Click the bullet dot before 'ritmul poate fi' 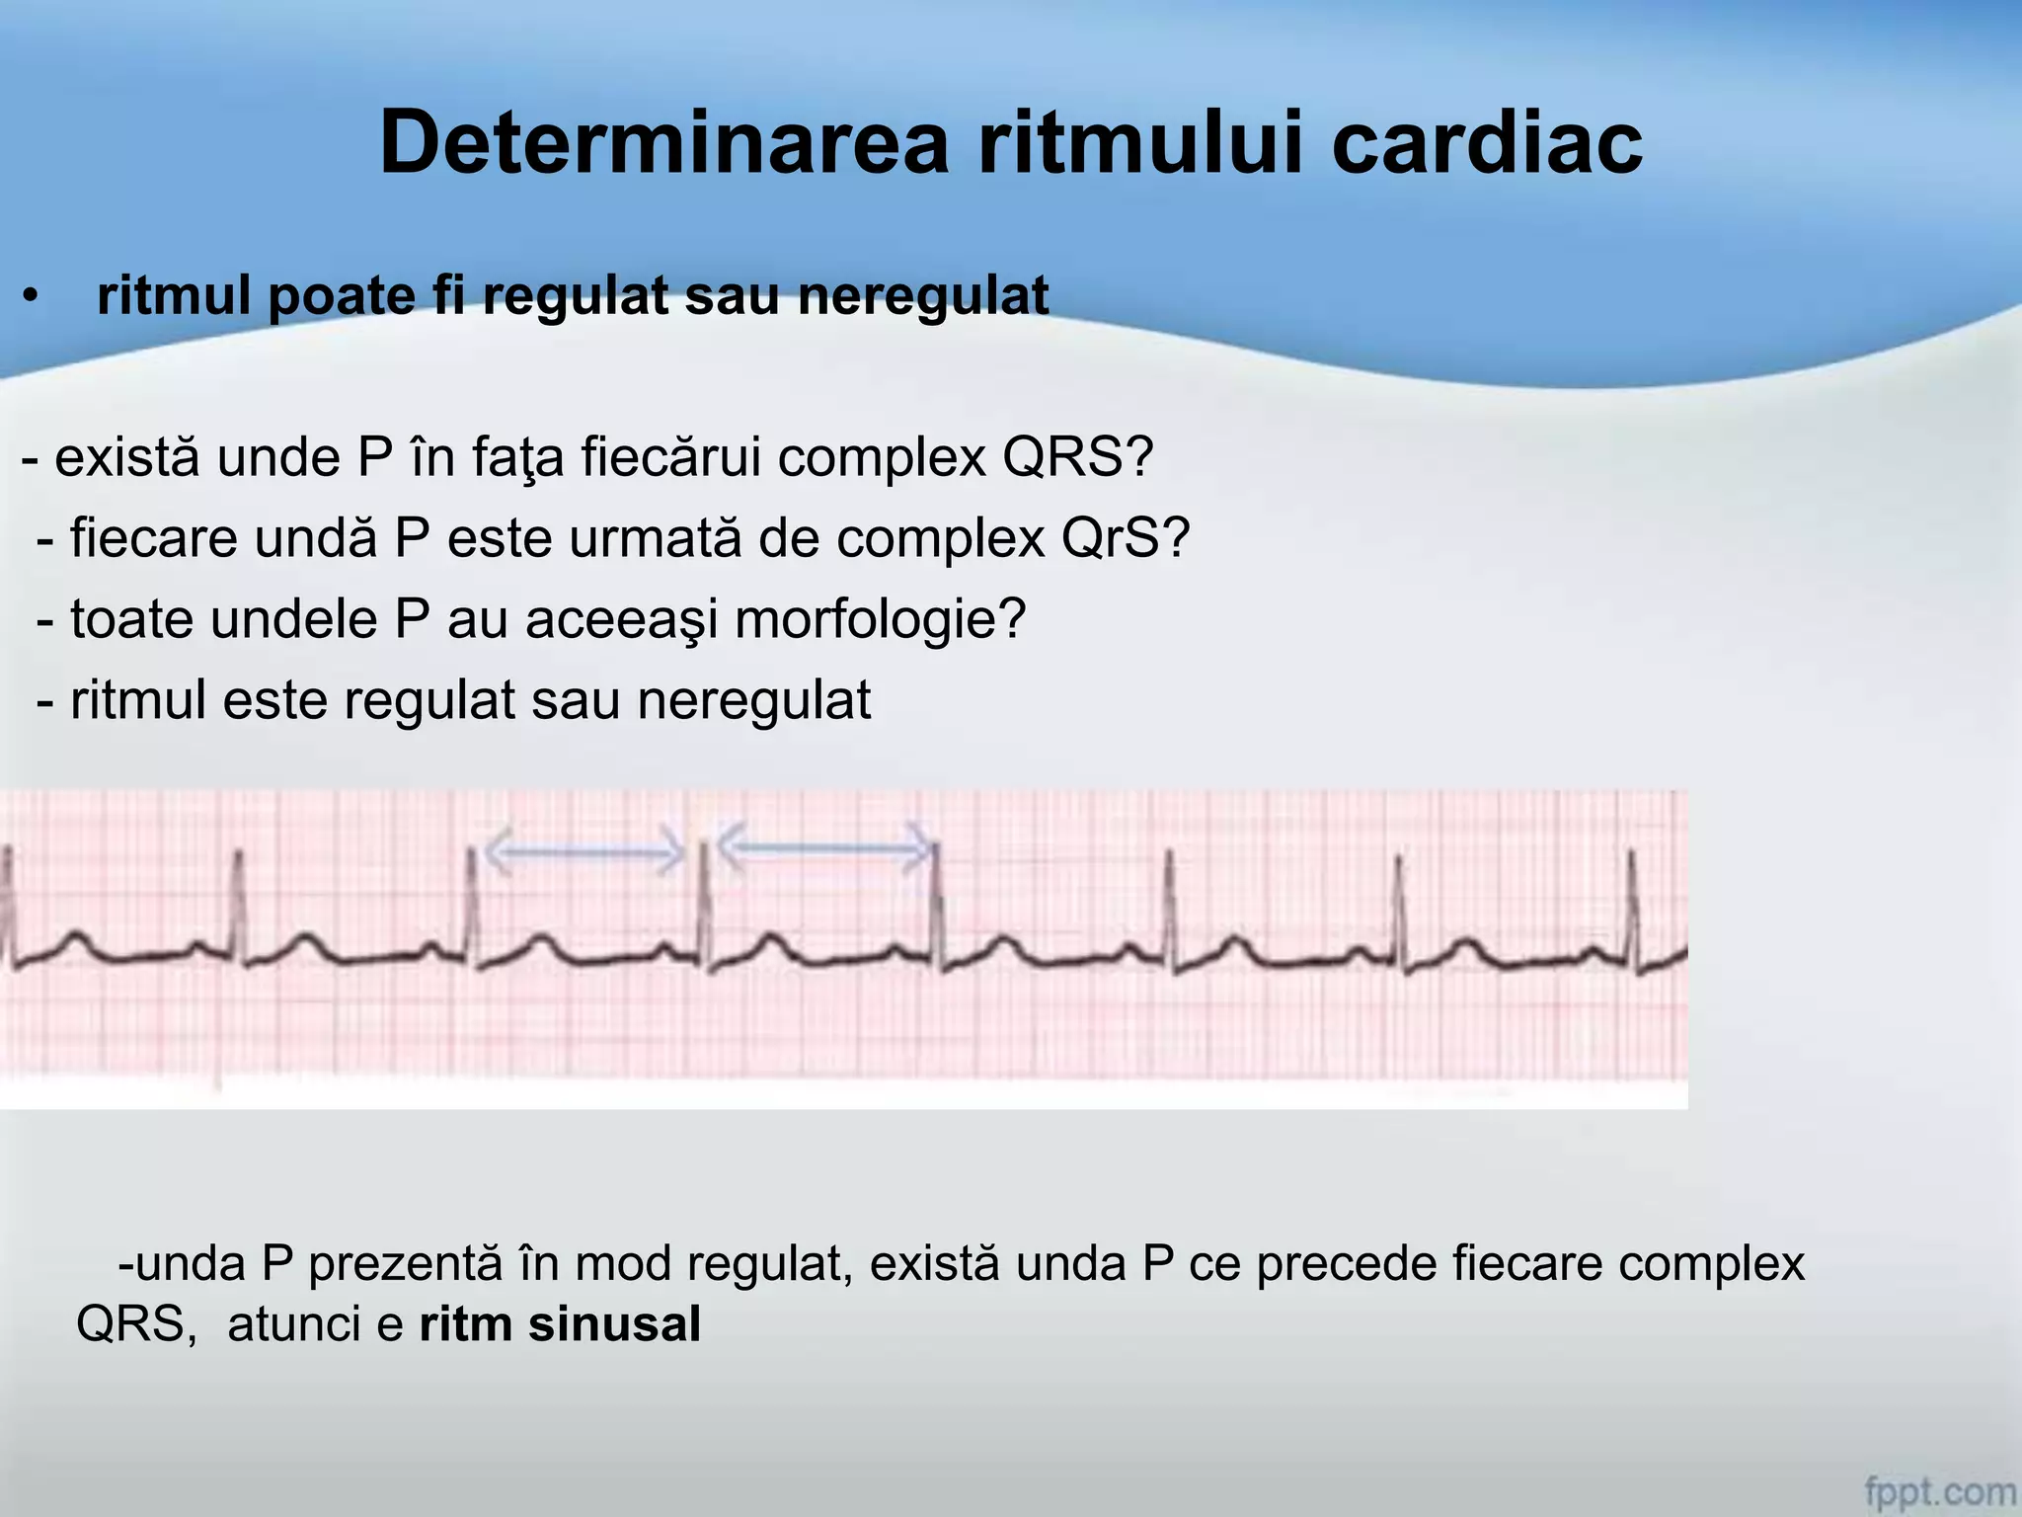coord(32,296)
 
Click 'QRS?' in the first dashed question coord(1078,457)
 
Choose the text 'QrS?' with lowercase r coord(1126,538)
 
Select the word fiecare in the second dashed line coord(154,538)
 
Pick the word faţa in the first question coord(517,457)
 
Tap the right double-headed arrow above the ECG coord(823,845)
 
